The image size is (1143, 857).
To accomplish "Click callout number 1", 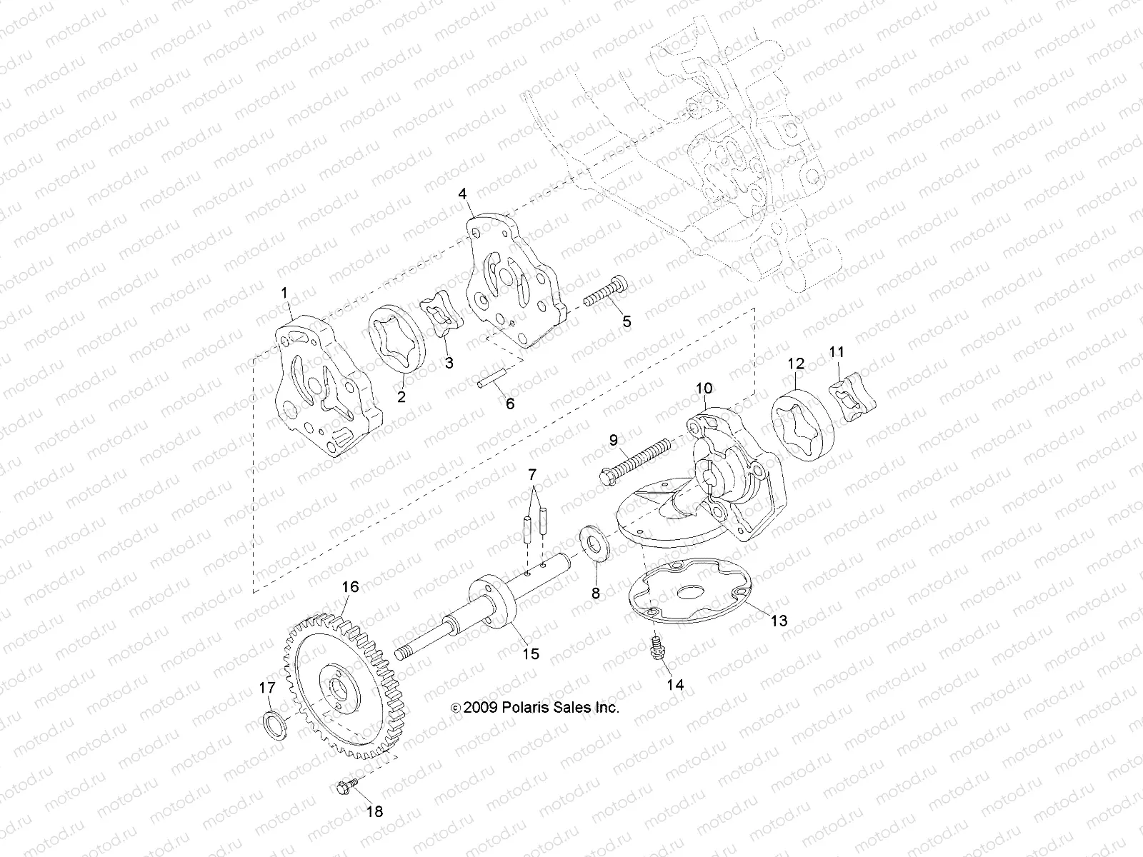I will (284, 292).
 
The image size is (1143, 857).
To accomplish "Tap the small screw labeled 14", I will (656, 650).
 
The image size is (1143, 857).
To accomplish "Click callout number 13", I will (779, 620).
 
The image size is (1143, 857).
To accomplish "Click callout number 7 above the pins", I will (531, 474).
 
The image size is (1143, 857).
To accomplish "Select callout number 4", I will (462, 194).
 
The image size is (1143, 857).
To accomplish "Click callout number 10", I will (704, 388).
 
